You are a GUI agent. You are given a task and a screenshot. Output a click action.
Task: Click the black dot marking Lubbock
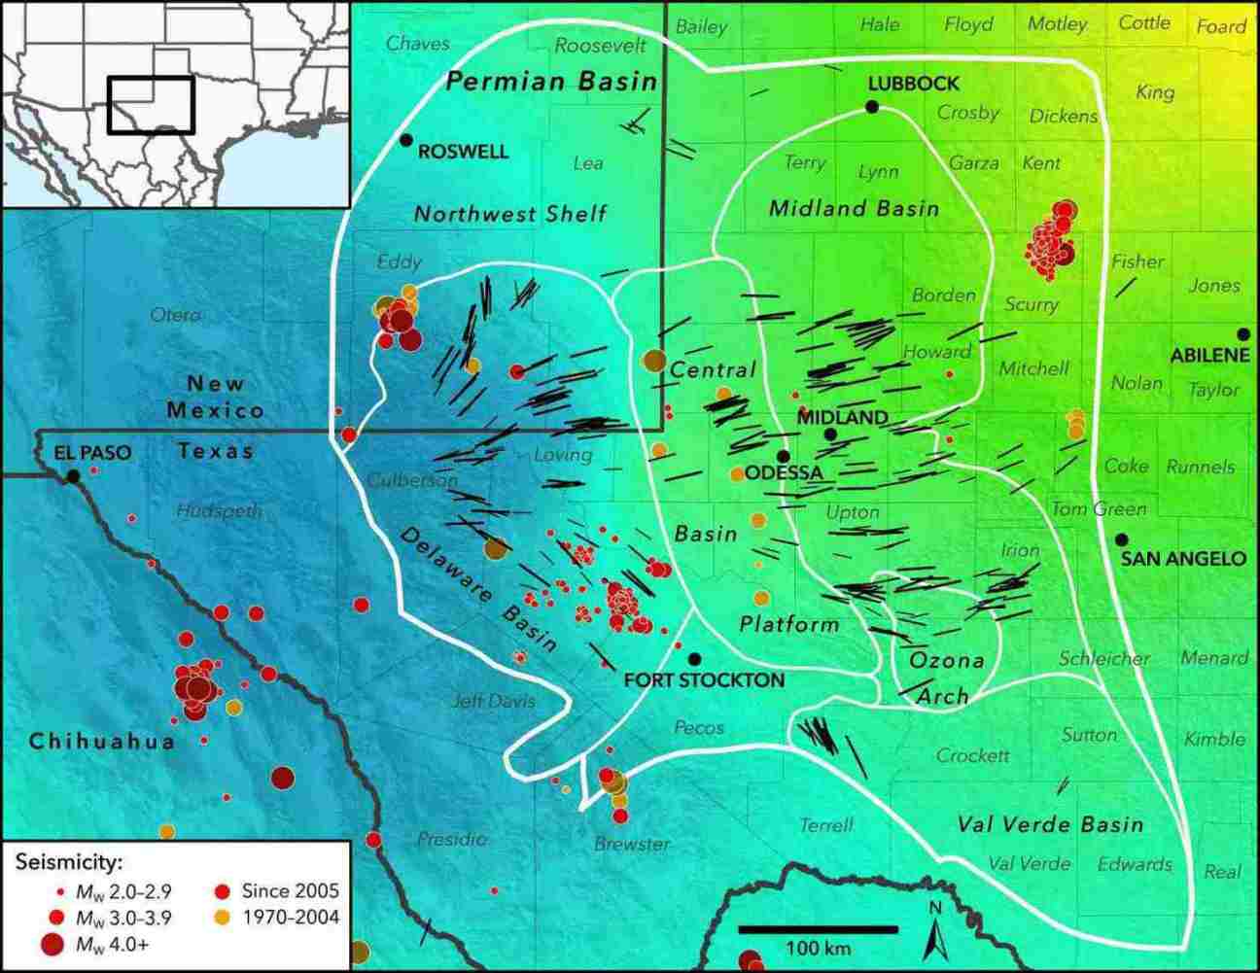(x=873, y=106)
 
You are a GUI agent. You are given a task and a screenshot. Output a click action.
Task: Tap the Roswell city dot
(x=405, y=140)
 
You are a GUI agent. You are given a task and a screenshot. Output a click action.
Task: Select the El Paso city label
(x=92, y=453)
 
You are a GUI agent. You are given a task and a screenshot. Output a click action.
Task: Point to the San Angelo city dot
(x=1121, y=539)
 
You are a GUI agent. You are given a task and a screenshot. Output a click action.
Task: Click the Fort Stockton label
(x=704, y=679)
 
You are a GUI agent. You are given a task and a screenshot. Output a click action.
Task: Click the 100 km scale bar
(x=817, y=930)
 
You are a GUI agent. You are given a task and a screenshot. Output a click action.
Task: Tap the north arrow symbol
(x=936, y=932)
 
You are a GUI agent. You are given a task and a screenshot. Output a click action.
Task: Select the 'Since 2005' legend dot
(x=222, y=890)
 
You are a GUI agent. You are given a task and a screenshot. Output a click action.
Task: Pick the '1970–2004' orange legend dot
(x=222, y=916)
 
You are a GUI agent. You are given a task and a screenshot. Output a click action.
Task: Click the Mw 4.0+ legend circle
(x=55, y=942)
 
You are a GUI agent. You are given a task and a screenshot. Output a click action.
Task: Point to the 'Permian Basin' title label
(x=551, y=81)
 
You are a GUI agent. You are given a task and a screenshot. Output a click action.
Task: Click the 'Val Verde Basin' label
(x=1050, y=825)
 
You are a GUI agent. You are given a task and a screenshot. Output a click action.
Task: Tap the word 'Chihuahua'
(x=102, y=742)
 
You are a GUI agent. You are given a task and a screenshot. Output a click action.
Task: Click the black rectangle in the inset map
(x=151, y=104)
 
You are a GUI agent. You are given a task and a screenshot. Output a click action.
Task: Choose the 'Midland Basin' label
(x=854, y=208)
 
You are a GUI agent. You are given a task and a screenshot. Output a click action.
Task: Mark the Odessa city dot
(x=782, y=456)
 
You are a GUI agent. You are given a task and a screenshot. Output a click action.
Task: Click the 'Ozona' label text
(x=947, y=660)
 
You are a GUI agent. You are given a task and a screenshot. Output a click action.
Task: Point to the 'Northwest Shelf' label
(x=510, y=214)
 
